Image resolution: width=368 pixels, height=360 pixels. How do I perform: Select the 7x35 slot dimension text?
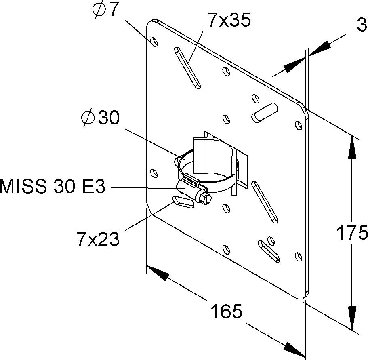coord(229,19)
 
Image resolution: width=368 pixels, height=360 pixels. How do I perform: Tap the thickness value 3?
coord(362,25)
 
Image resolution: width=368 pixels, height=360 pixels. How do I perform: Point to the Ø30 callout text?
coord(100,118)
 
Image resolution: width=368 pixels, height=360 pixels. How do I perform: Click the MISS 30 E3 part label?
coord(53,186)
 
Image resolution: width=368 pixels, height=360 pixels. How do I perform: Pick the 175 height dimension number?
coord(352,233)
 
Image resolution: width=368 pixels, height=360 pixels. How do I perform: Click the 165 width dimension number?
coord(226,312)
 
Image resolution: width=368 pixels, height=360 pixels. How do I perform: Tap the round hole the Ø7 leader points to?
coord(154,42)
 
